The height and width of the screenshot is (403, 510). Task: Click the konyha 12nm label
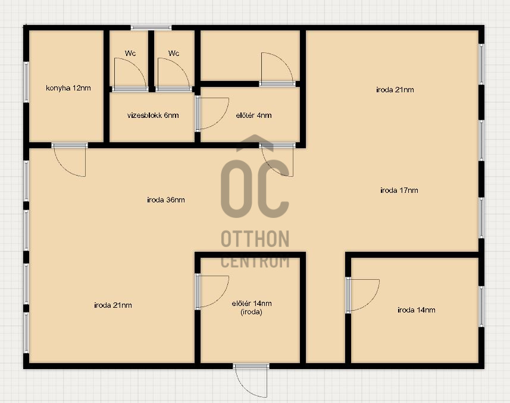click(68, 88)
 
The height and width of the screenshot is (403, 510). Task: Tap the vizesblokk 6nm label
click(153, 115)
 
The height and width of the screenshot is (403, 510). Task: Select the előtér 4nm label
click(254, 115)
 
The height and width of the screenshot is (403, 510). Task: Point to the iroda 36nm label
click(166, 199)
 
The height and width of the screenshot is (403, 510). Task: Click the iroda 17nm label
click(399, 190)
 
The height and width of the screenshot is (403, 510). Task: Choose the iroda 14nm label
click(417, 310)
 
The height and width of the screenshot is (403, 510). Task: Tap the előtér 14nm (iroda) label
click(252, 308)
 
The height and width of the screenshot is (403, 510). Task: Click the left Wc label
click(130, 53)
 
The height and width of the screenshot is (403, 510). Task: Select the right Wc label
click(174, 53)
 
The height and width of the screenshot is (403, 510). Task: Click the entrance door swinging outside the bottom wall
click(251, 380)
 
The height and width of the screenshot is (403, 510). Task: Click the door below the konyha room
click(70, 160)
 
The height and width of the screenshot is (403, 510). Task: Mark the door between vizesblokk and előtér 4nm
click(212, 114)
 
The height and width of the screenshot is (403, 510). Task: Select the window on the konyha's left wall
click(26, 82)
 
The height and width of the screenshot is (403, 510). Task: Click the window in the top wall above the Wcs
click(151, 27)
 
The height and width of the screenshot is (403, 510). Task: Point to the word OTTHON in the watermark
click(255, 239)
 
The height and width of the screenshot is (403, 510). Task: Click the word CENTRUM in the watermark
click(255, 262)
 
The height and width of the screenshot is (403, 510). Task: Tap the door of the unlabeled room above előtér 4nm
click(277, 69)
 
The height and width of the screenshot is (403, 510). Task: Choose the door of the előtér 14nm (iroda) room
click(212, 292)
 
